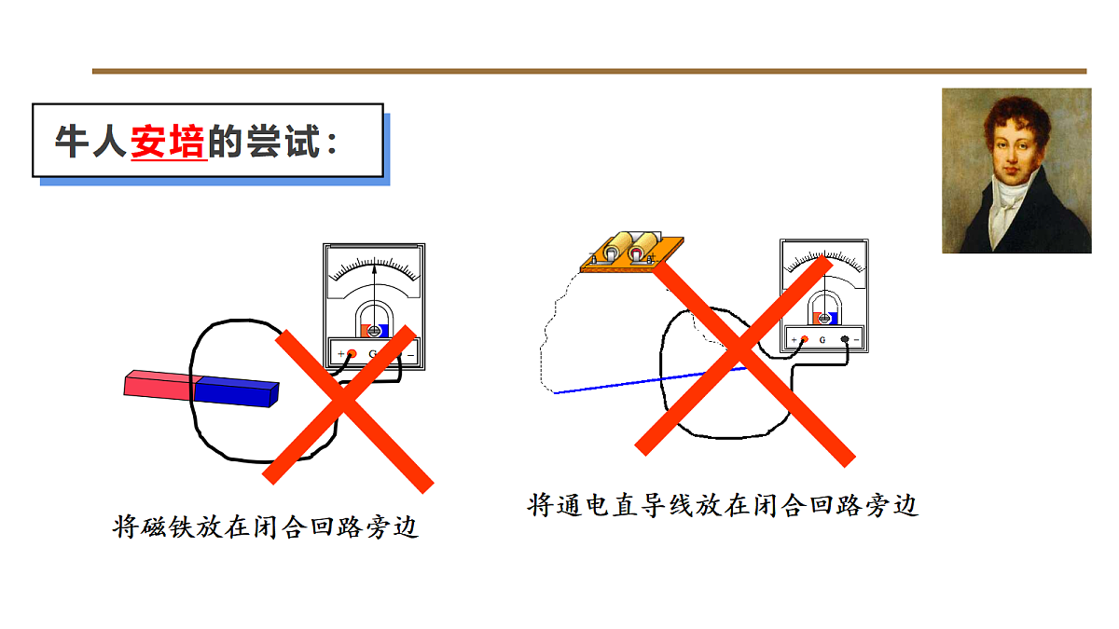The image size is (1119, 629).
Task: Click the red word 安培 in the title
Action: click(x=169, y=143)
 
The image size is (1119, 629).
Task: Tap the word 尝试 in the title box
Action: click(x=283, y=142)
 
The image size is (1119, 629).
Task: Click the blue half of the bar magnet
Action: click(x=236, y=392)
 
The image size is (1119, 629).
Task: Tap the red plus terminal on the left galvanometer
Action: click(x=352, y=354)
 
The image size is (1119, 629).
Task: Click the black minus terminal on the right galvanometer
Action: click(x=845, y=339)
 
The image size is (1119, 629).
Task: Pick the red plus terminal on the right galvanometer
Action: click(x=804, y=339)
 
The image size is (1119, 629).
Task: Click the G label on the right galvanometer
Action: click(x=822, y=340)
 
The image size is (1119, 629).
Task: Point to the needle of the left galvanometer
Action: click(x=374, y=298)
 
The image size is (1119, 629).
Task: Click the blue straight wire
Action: click(x=650, y=381)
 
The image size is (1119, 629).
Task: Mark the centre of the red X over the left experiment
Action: click(x=346, y=407)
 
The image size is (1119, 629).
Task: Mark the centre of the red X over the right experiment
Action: click(x=743, y=360)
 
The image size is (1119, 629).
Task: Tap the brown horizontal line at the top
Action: click(x=589, y=72)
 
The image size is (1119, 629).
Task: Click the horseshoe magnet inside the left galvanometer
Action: click(x=374, y=320)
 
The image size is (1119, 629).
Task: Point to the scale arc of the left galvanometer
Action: click(x=374, y=264)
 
